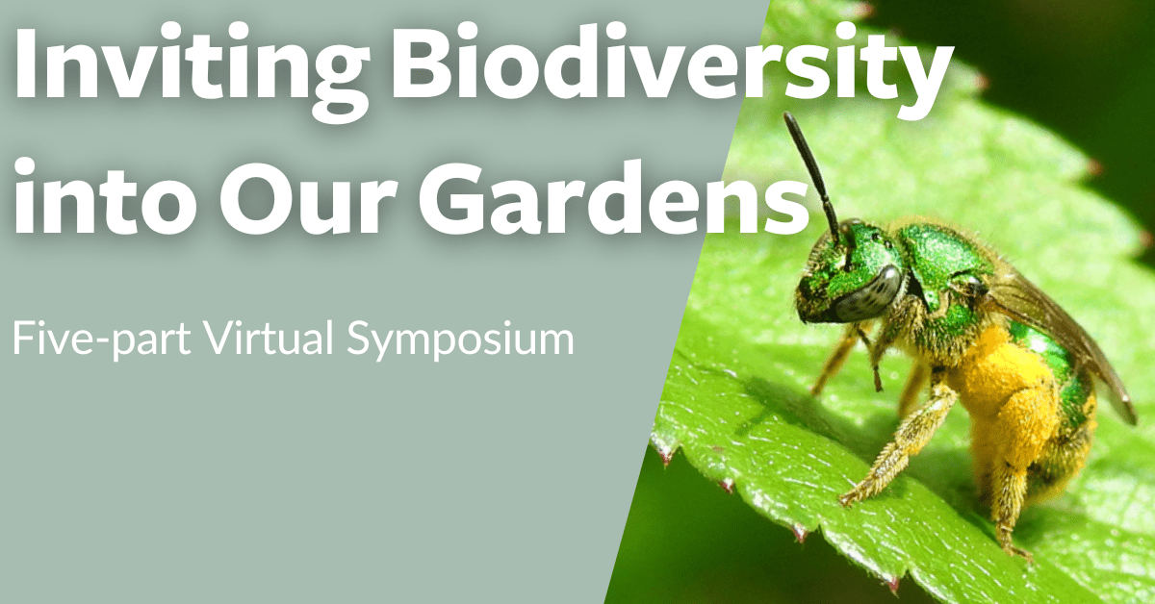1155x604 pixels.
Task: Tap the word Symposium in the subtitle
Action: [460, 340]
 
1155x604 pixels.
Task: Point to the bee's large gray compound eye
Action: [869, 292]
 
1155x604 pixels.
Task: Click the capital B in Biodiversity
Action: [426, 62]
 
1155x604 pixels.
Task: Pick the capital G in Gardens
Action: [453, 198]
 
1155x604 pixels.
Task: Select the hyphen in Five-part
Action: [102, 341]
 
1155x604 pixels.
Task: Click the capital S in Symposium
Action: [359, 339]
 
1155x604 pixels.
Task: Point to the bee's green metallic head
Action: [851, 273]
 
